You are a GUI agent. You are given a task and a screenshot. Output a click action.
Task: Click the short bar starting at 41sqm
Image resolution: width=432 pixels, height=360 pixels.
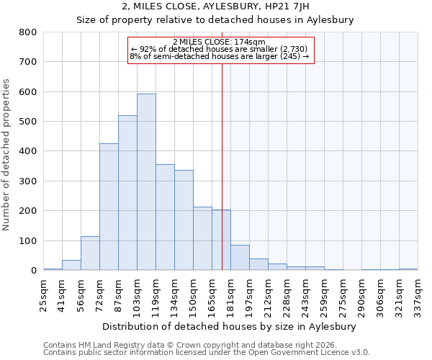(71, 265)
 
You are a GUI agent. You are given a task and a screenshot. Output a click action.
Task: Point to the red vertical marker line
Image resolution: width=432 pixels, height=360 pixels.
(222, 166)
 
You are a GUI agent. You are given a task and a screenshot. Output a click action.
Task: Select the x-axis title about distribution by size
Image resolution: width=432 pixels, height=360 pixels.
(230, 326)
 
